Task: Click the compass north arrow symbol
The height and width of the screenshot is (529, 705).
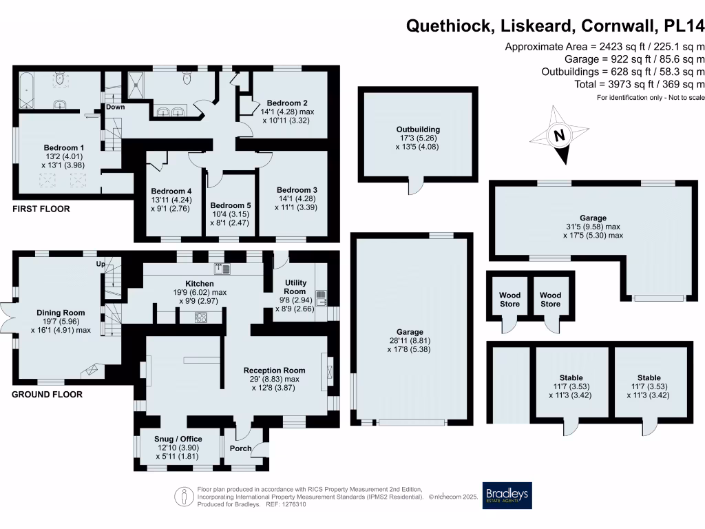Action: click(559, 135)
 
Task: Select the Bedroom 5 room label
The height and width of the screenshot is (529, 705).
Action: click(231, 205)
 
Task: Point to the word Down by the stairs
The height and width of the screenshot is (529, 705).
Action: click(116, 107)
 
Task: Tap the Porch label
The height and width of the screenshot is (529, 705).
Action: click(240, 448)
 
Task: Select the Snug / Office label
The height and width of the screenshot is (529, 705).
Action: click(179, 438)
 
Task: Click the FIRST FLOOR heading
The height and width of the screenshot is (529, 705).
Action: click(41, 209)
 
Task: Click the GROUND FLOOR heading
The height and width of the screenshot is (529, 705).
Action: click(47, 395)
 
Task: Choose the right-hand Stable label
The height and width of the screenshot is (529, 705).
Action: click(649, 377)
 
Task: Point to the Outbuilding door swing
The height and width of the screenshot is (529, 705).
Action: click(417, 187)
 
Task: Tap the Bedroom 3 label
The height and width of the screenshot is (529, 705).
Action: click(297, 189)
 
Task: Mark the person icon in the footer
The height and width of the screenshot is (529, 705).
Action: click(184, 495)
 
